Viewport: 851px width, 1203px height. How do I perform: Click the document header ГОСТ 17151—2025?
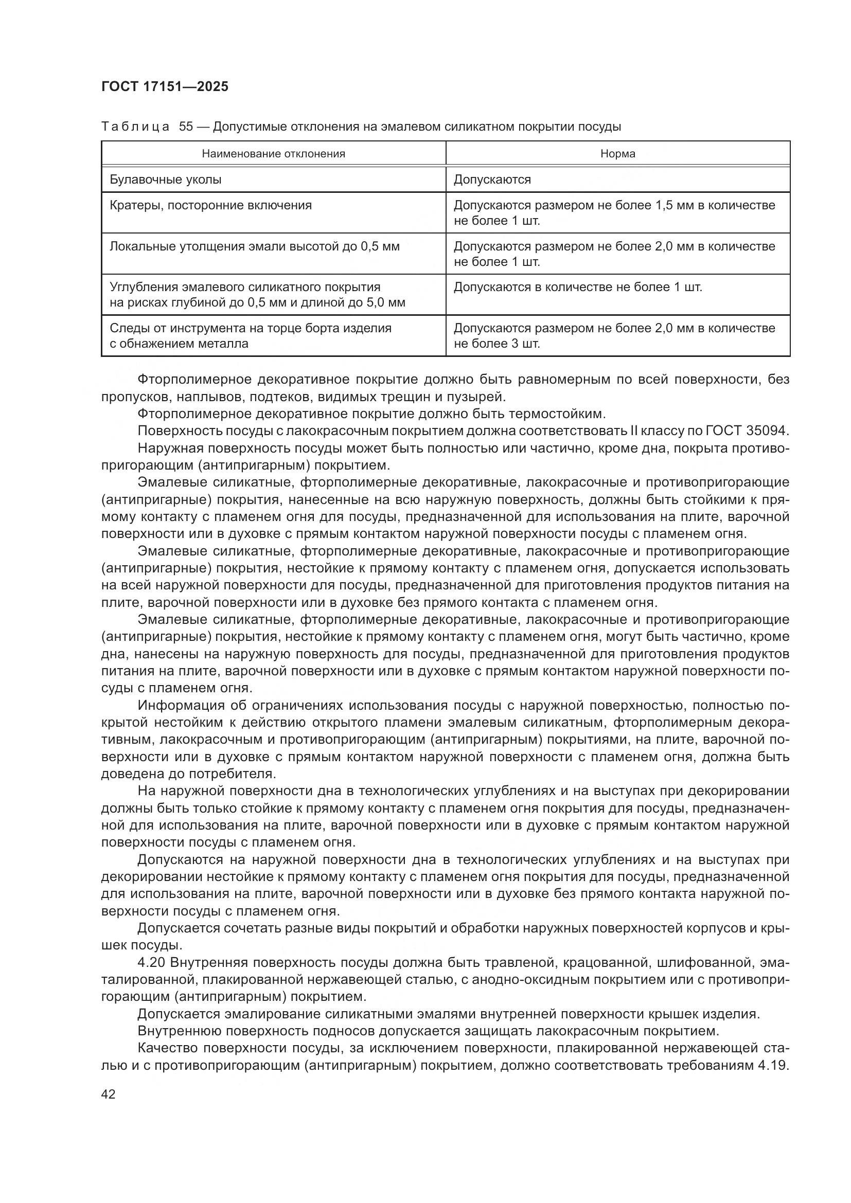tap(165, 87)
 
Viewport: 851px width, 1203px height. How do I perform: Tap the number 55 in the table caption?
tap(186, 127)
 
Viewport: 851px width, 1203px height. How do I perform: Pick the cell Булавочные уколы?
tap(166, 179)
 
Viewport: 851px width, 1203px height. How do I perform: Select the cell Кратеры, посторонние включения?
tap(210, 205)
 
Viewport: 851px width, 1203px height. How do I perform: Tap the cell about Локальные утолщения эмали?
tap(254, 246)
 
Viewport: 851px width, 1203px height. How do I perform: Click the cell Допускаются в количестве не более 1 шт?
tap(577, 287)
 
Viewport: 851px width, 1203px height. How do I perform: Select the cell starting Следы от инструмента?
tap(251, 336)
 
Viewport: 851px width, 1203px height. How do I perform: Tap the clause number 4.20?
tap(151, 962)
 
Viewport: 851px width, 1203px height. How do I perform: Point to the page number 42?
tap(109, 1093)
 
